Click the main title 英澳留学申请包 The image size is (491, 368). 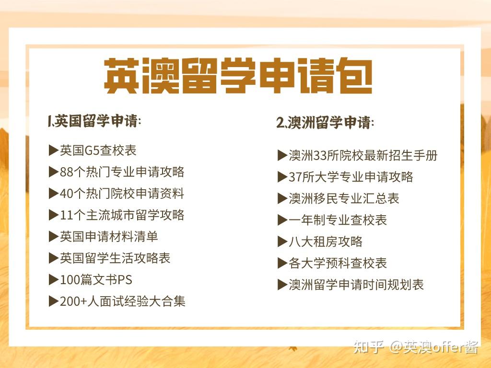(x=238, y=76)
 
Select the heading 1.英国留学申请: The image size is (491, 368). (x=94, y=121)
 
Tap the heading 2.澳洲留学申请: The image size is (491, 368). (x=325, y=122)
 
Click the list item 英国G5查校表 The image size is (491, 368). (x=98, y=150)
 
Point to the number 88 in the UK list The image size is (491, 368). (x=66, y=172)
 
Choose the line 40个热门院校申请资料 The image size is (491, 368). (x=122, y=194)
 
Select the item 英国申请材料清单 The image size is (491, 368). (x=109, y=237)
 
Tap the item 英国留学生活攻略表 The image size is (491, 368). (x=115, y=258)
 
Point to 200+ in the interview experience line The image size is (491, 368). (x=73, y=301)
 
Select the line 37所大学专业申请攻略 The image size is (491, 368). (x=351, y=177)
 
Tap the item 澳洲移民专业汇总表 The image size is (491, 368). (x=344, y=198)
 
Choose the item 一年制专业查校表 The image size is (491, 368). (x=338, y=220)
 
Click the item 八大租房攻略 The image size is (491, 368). (x=326, y=241)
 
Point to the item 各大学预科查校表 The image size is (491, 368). (x=338, y=263)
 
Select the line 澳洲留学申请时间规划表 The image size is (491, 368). (x=356, y=285)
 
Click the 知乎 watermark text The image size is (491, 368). (x=369, y=347)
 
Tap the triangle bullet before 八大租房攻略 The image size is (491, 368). (x=282, y=241)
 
